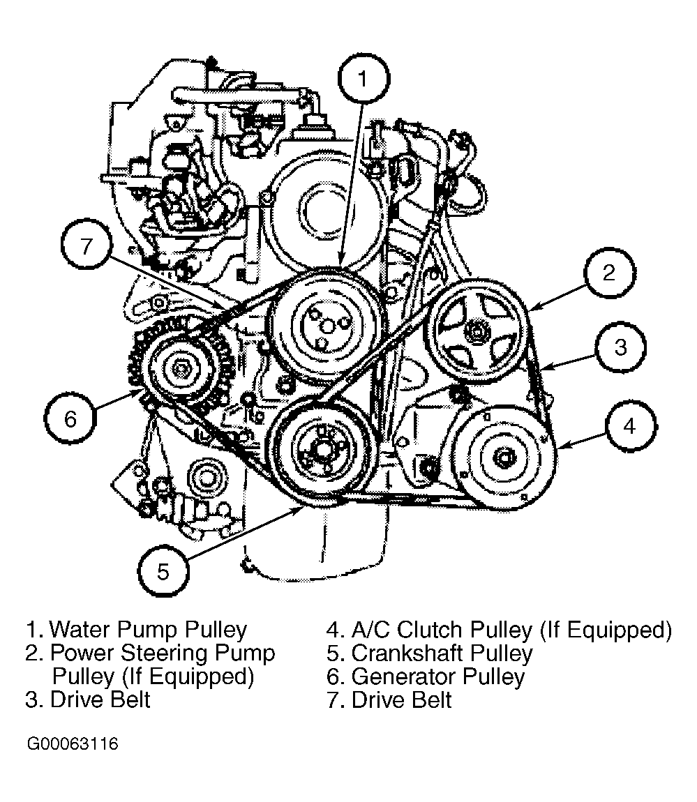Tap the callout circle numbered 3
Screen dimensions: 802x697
coord(620,347)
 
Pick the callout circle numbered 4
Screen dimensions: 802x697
coord(630,426)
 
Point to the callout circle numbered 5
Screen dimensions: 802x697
coord(163,572)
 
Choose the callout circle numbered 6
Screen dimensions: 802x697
coord(70,418)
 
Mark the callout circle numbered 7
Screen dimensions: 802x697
coord(85,248)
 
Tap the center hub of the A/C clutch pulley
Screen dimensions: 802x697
coord(504,457)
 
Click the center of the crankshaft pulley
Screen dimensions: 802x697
coord(321,450)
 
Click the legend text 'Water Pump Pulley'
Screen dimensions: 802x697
coord(149,630)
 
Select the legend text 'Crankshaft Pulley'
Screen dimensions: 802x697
coord(442,653)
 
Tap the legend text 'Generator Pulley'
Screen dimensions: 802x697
coord(437,676)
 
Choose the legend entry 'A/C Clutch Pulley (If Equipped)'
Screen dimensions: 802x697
coord(499,630)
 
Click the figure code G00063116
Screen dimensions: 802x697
coord(73,744)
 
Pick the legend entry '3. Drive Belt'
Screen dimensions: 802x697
coord(88,699)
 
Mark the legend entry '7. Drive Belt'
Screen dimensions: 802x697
coord(389,699)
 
